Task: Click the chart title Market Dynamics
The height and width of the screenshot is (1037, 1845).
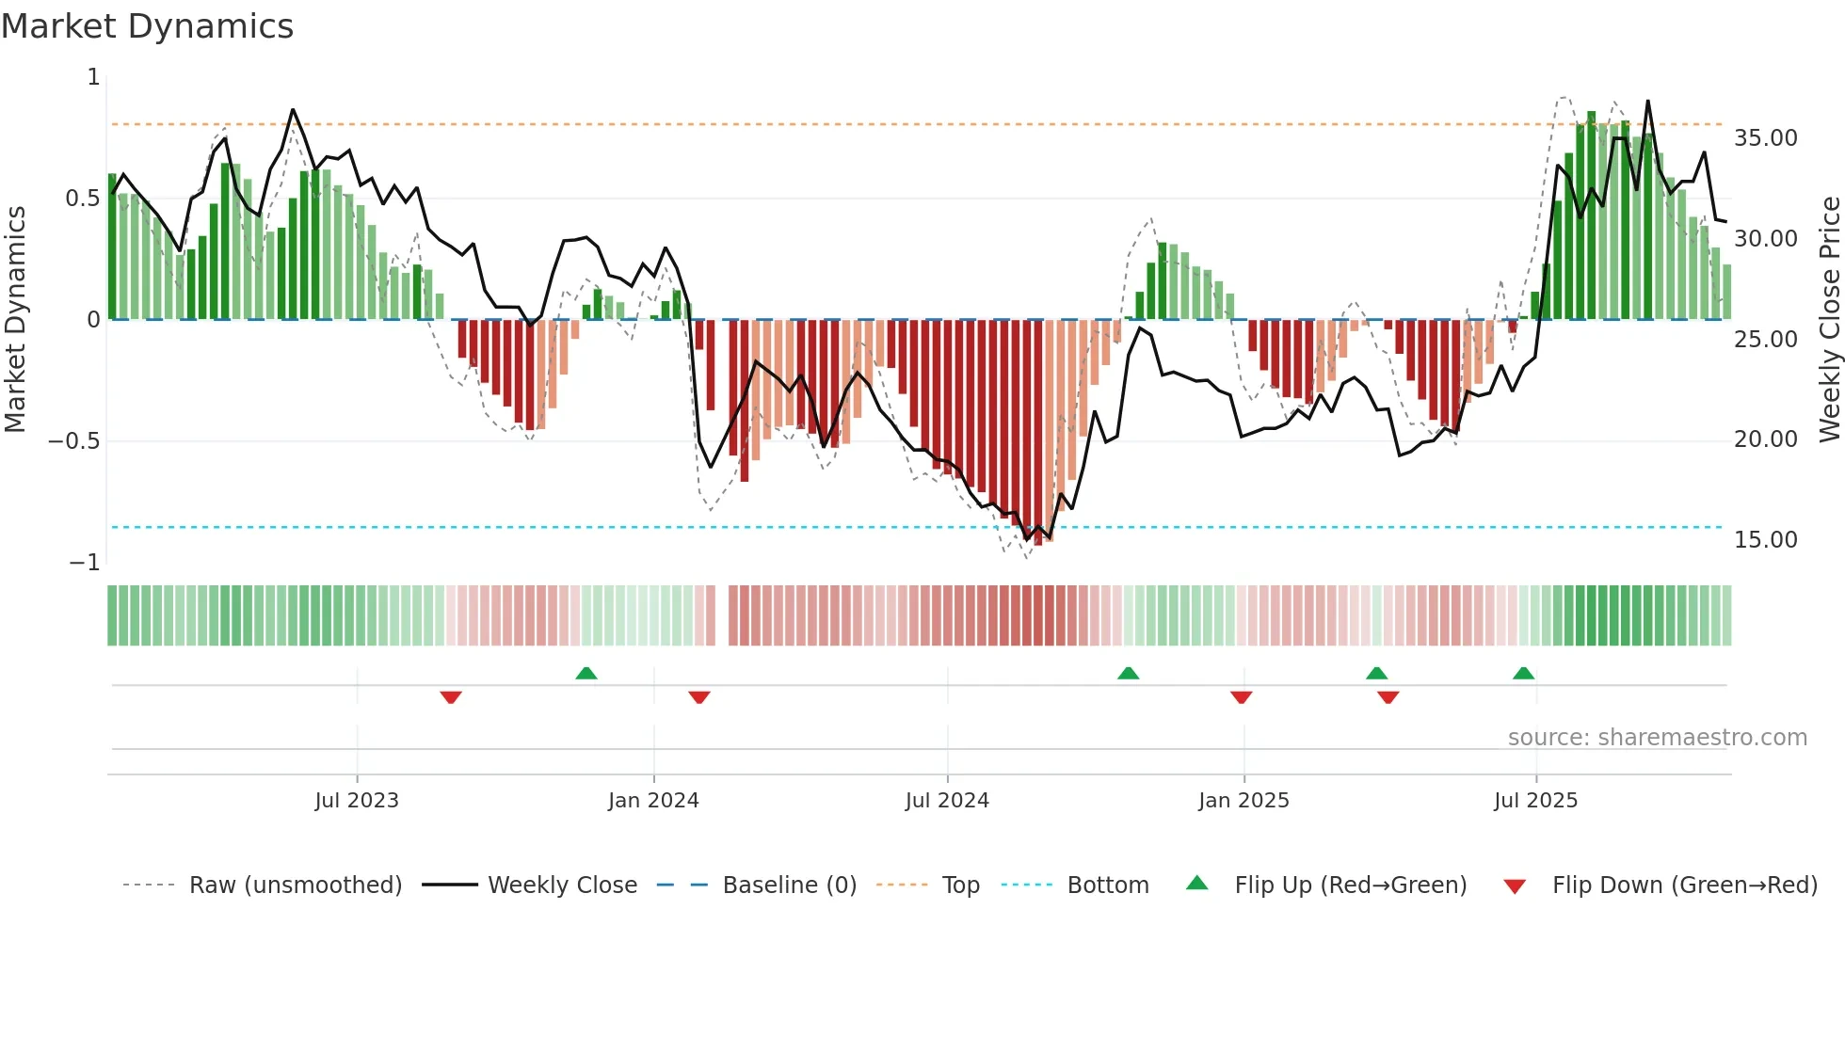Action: click(147, 26)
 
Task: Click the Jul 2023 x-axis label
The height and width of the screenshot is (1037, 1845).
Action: click(357, 800)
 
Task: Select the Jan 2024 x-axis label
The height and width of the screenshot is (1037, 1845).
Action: click(653, 800)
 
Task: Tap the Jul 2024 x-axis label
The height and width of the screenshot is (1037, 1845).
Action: click(947, 800)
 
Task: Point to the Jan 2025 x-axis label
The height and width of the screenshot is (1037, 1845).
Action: click(1243, 800)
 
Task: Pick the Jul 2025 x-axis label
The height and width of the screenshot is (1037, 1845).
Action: click(1535, 800)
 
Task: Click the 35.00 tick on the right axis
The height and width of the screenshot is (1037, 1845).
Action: click(1765, 138)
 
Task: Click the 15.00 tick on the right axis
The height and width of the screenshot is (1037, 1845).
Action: click(1765, 540)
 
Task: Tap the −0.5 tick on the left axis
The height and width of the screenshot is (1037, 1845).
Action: click(74, 441)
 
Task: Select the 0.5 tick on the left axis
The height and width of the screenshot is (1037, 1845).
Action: click(82, 199)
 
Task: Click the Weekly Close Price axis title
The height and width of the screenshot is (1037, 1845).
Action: click(1829, 319)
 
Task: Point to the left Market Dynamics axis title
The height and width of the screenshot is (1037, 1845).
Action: click(15, 319)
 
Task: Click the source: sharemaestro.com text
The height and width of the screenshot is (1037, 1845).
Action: click(1657, 738)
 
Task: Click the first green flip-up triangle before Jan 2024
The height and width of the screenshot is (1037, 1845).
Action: click(586, 673)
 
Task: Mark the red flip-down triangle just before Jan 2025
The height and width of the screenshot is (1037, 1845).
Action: click(1241, 697)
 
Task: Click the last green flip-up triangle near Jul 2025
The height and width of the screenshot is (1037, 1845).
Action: click(1523, 673)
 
